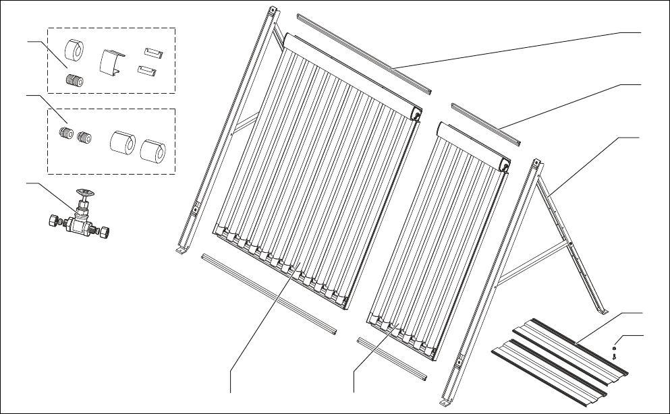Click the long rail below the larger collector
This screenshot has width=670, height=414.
270,295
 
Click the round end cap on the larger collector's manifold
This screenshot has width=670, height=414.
418,116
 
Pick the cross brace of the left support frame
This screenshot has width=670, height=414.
246,124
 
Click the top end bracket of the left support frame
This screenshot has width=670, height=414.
273,13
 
